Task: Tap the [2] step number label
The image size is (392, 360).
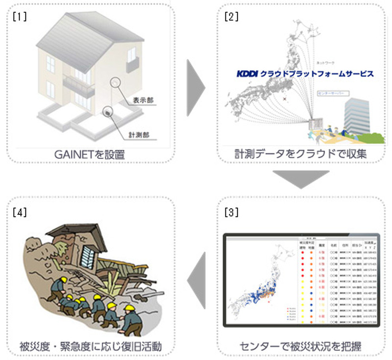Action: click(x=231, y=16)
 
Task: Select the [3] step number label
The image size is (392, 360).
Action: click(x=231, y=213)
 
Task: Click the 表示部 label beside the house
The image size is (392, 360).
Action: click(x=143, y=100)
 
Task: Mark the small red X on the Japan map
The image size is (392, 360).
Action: click(x=284, y=99)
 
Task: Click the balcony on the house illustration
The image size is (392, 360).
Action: click(x=78, y=90)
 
